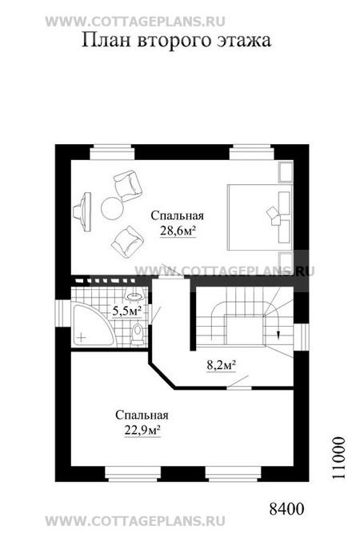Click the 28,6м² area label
(x=178, y=231)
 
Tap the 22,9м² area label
(x=142, y=430)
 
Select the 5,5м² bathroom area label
(x=126, y=311)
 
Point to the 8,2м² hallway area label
(x=222, y=365)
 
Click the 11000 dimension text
(x=339, y=458)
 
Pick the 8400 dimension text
(x=286, y=509)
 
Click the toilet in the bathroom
(x=138, y=334)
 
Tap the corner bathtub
(x=93, y=324)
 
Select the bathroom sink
(x=135, y=295)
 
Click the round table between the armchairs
(x=112, y=207)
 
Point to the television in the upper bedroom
(x=83, y=212)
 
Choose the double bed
(x=259, y=217)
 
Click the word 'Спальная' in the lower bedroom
(x=142, y=415)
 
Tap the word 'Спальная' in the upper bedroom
(x=178, y=215)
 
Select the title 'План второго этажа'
(x=176, y=40)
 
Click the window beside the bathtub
(x=63, y=313)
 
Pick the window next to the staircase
(x=301, y=337)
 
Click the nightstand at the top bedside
(x=286, y=171)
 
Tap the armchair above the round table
(x=128, y=185)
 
